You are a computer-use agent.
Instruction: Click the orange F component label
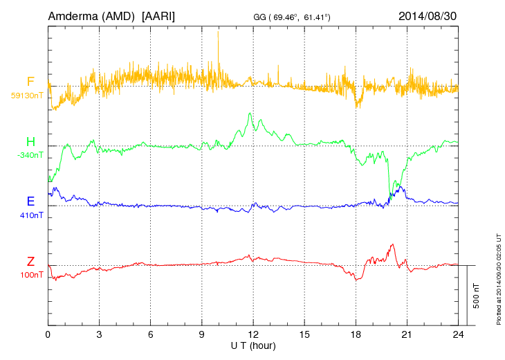[30, 82]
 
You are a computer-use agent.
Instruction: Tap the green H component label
[30, 142]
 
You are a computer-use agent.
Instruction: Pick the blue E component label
[30, 201]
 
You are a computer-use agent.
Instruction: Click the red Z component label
[30, 262]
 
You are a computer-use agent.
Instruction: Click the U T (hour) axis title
[253, 345]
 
